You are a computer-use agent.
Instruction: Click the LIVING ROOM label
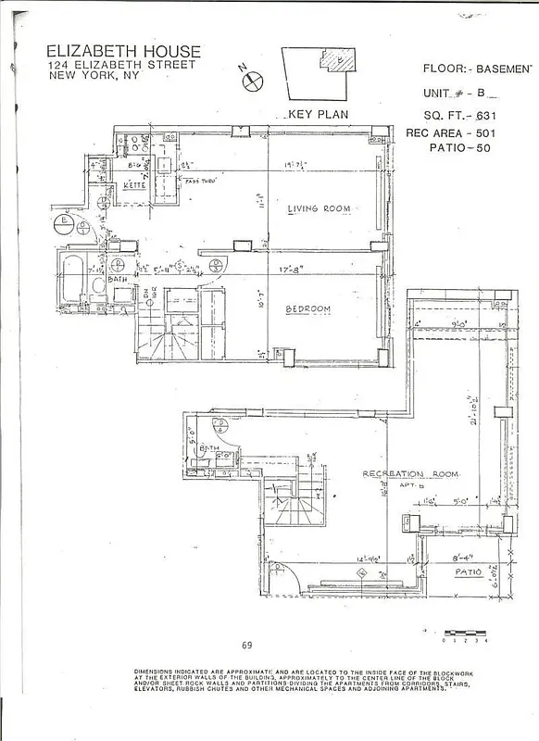pos(319,209)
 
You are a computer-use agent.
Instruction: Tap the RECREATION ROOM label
pos(410,473)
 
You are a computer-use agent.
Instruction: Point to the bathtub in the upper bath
pos(73,276)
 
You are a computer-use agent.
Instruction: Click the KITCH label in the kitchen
pos(138,187)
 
